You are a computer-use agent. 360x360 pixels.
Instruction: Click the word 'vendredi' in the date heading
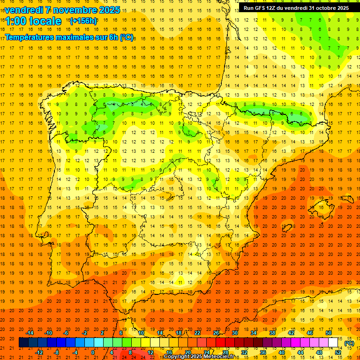pos(22,10)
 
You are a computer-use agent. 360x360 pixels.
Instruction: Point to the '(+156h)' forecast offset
pos(83,21)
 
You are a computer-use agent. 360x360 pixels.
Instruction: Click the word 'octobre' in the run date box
pos(323,8)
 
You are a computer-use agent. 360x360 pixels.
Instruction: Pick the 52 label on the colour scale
pos(338,352)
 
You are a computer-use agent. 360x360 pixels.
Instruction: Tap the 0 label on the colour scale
pos(93,352)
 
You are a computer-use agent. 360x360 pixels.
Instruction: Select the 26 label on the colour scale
pos(216,333)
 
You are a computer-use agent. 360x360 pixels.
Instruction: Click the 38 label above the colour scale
pos(272,333)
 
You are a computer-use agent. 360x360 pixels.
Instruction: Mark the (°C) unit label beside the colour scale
pos(349,343)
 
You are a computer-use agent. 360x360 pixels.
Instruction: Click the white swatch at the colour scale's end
pos(333,343)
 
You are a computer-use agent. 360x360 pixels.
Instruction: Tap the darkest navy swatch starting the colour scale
pos(24,343)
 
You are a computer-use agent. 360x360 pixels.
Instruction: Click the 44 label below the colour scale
pos(300,352)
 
